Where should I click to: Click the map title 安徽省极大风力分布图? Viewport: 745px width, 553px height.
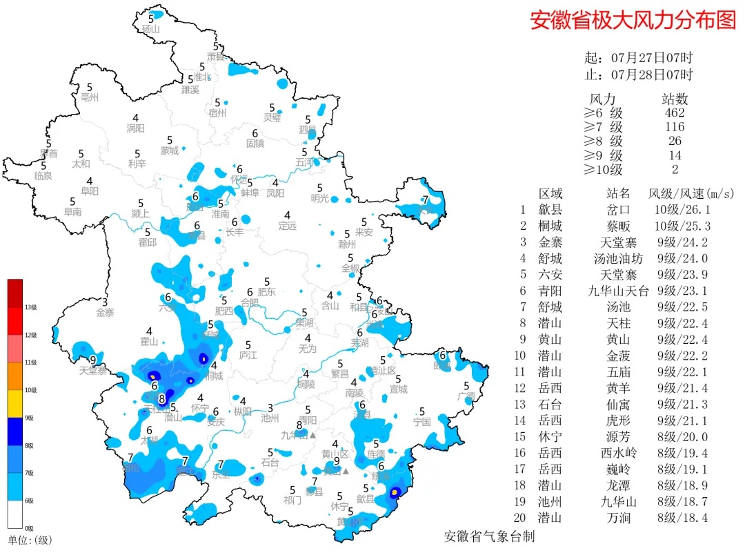[x=633, y=20]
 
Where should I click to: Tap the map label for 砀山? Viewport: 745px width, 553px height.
[x=150, y=29]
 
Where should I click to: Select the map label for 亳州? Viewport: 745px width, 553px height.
[x=90, y=97]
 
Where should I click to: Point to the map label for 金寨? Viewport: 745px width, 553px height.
[x=105, y=312]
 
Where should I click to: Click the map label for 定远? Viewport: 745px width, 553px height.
[x=288, y=225]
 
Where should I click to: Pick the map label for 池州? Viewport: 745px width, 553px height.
[x=270, y=418]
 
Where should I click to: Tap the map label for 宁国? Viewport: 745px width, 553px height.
[x=421, y=421]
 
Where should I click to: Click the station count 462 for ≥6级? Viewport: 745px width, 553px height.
[x=673, y=113]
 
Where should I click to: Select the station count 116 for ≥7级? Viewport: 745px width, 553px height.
[x=673, y=127]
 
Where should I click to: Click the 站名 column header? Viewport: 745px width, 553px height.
[x=618, y=193]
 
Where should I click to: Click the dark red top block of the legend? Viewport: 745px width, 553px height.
[x=15, y=293]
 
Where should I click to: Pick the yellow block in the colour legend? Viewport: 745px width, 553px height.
[x=15, y=404]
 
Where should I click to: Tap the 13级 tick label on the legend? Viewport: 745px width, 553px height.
[x=30, y=307]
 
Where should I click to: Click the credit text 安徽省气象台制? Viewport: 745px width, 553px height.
[x=490, y=536]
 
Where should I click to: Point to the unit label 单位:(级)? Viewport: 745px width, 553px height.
[x=30, y=540]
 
